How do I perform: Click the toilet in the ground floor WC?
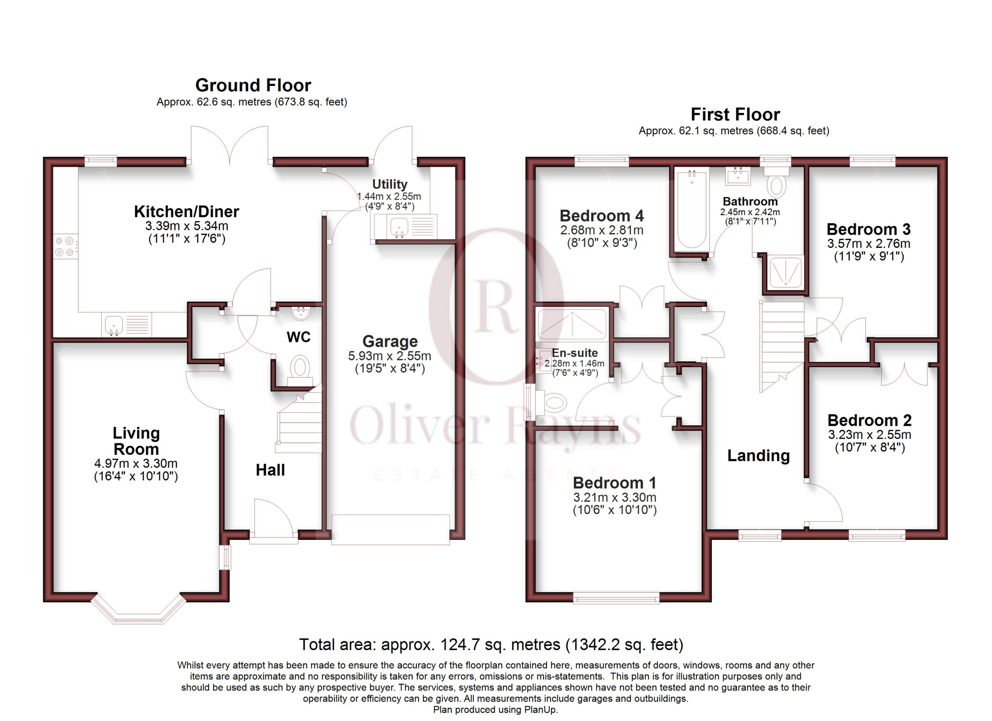[x=300, y=370]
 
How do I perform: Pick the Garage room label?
[x=390, y=341]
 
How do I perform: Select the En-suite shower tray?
[x=572, y=324]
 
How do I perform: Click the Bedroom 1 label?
[x=615, y=483]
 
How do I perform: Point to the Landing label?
[x=758, y=456]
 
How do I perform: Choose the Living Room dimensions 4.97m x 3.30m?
[x=136, y=463]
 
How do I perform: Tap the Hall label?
[x=270, y=470]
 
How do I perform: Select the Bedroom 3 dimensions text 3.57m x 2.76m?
[x=869, y=244]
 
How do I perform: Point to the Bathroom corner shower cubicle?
[x=785, y=273]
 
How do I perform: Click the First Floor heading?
[x=735, y=115]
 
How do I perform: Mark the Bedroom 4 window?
[x=602, y=160]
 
